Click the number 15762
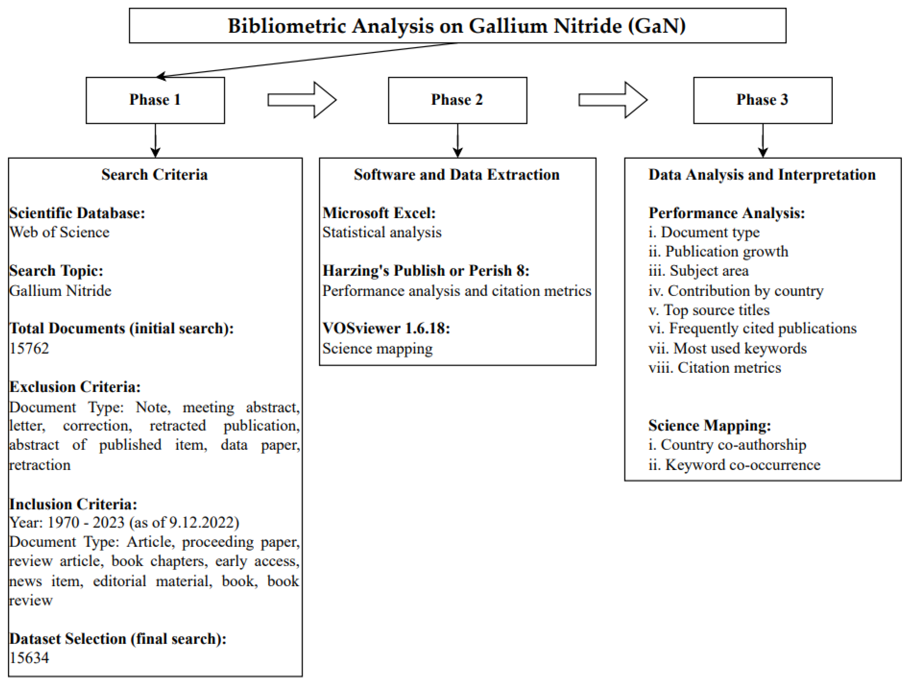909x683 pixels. click(29, 348)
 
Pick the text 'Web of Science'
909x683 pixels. click(60, 232)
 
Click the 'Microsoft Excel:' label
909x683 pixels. click(379, 213)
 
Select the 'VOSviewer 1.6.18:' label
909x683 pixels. click(386, 328)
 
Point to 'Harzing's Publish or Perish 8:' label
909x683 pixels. click(426, 270)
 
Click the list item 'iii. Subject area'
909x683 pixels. click(699, 270)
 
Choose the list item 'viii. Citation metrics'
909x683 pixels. click(715, 368)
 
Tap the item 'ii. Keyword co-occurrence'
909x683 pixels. click(734, 465)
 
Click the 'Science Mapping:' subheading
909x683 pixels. click(710, 425)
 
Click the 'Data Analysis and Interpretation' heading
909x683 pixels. click(762, 175)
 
